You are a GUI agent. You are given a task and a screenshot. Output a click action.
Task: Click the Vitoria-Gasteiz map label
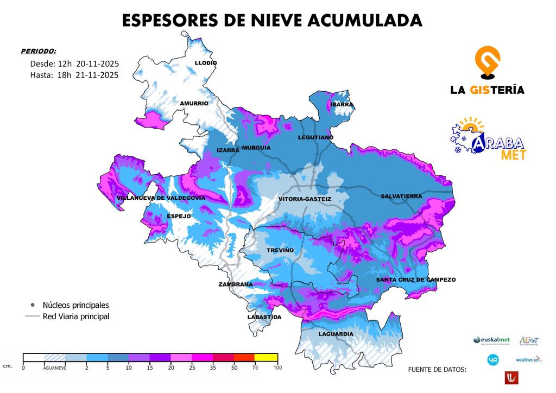pos(305,199)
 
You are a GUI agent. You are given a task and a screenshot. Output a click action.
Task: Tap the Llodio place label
pos(206,63)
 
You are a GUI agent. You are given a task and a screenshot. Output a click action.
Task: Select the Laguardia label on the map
pos(336,334)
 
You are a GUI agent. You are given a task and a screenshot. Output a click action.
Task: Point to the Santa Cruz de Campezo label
pos(416,280)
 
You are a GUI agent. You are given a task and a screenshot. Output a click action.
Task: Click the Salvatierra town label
pos(401,196)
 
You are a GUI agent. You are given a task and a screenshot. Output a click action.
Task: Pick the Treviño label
pos(280,250)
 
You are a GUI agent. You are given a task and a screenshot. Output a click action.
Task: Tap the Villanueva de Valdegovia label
pos(161,198)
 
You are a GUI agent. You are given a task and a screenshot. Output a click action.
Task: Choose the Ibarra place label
pos(342,104)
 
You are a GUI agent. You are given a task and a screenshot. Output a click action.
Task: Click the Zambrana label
pos(236,284)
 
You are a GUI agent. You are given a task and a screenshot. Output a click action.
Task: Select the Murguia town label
pos(256,148)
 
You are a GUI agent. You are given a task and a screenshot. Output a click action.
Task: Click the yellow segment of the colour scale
pos(266,357)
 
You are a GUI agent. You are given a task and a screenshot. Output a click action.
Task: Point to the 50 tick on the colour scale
pos(233,367)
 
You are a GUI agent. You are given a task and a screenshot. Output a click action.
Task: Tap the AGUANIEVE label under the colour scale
pos(55,367)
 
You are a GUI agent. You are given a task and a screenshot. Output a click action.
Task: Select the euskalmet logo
pos(492,340)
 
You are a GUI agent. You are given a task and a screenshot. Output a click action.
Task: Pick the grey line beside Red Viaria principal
pos(33,316)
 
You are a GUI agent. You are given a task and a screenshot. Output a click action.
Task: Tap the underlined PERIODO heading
pos(38,51)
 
